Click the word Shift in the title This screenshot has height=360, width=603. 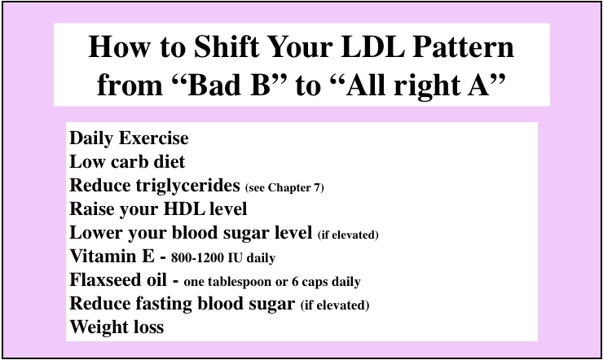(x=227, y=46)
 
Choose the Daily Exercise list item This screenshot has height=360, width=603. (x=129, y=138)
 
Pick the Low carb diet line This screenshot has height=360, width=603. (x=127, y=162)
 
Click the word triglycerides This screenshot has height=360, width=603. (x=187, y=186)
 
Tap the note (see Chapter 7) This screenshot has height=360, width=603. (x=284, y=187)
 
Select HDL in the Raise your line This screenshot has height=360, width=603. (x=183, y=209)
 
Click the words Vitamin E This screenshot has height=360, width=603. (x=112, y=257)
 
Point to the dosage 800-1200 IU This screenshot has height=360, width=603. (x=207, y=258)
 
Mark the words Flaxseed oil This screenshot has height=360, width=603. (x=118, y=279)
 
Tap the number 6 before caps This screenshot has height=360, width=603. (x=295, y=282)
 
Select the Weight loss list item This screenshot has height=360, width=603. (x=117, y=327)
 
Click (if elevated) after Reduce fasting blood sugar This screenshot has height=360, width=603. (x=335, y=305)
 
